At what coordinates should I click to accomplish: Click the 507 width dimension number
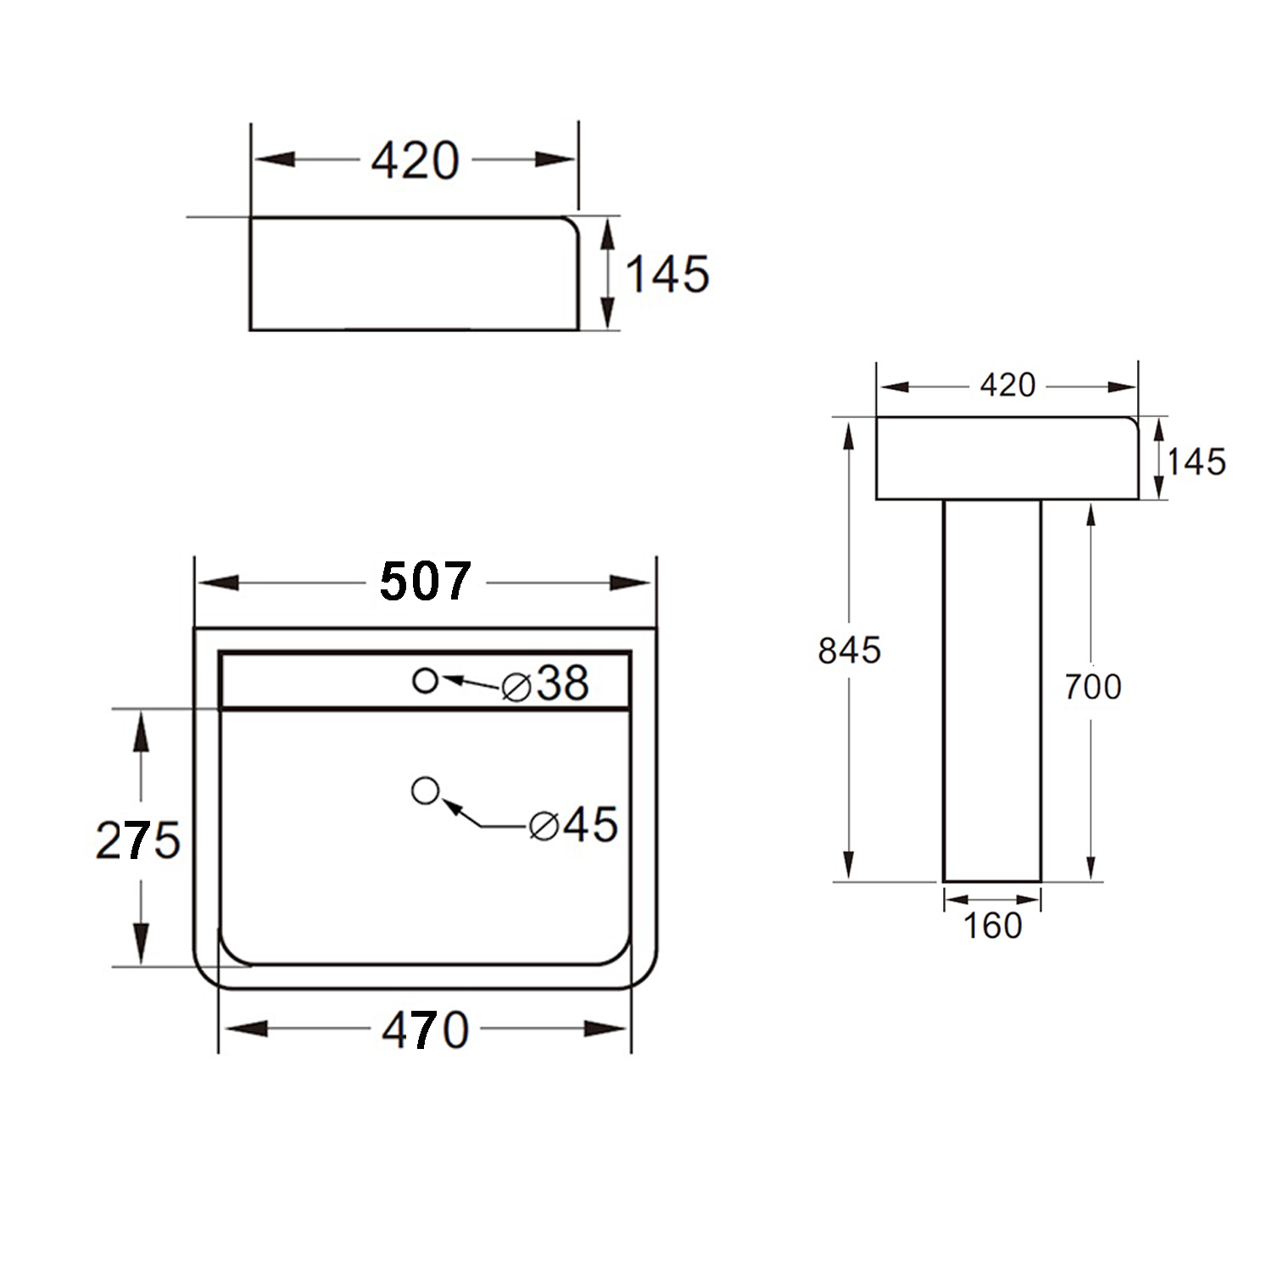point(425,582)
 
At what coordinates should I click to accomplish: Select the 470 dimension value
point(425,1029)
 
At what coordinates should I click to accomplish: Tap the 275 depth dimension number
point(137,840)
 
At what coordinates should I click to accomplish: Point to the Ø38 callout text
point(545,683)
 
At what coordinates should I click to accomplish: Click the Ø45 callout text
point(573,824)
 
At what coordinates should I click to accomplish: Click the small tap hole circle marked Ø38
point(425,680)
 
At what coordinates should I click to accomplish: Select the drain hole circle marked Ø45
point(425,790)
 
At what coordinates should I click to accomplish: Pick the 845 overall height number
point(849,650)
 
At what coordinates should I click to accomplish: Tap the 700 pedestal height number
point(1092,686)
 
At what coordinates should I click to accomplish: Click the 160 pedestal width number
point(992,925)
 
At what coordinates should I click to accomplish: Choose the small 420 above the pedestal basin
point(1007,385)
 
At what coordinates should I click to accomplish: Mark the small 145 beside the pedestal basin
point(1196,461)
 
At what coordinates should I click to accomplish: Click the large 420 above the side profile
point(415,160)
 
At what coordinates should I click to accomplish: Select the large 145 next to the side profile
point(667,274)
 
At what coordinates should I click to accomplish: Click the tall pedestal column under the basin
point(992,690)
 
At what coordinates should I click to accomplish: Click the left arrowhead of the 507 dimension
point(215,583)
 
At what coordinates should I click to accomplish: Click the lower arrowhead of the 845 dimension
point(848,865)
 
